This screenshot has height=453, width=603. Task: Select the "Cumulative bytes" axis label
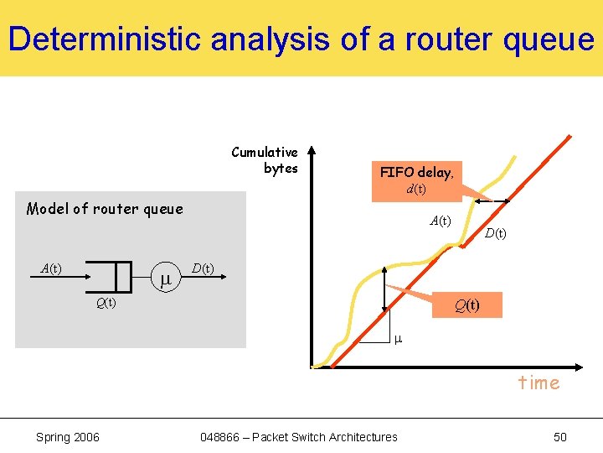(265, 160)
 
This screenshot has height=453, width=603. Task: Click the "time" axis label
(539, 383)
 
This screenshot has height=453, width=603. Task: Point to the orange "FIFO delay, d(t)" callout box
(416, 180)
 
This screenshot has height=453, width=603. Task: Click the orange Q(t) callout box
(467, 305)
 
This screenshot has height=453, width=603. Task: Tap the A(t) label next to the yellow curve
(441, 221)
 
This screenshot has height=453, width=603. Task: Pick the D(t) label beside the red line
(495, 233)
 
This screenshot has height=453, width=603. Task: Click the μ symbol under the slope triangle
(398, 339)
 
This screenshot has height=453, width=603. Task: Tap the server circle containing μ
(165, 278)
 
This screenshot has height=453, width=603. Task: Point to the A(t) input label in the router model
(51, 268)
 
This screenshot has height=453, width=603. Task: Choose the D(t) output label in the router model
(202, 268)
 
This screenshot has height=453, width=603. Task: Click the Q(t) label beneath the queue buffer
(106, 303)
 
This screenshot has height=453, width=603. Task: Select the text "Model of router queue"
(105, 209)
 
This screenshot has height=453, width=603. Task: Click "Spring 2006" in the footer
(68, 436)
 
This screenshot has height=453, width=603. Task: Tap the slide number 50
(559, 436)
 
